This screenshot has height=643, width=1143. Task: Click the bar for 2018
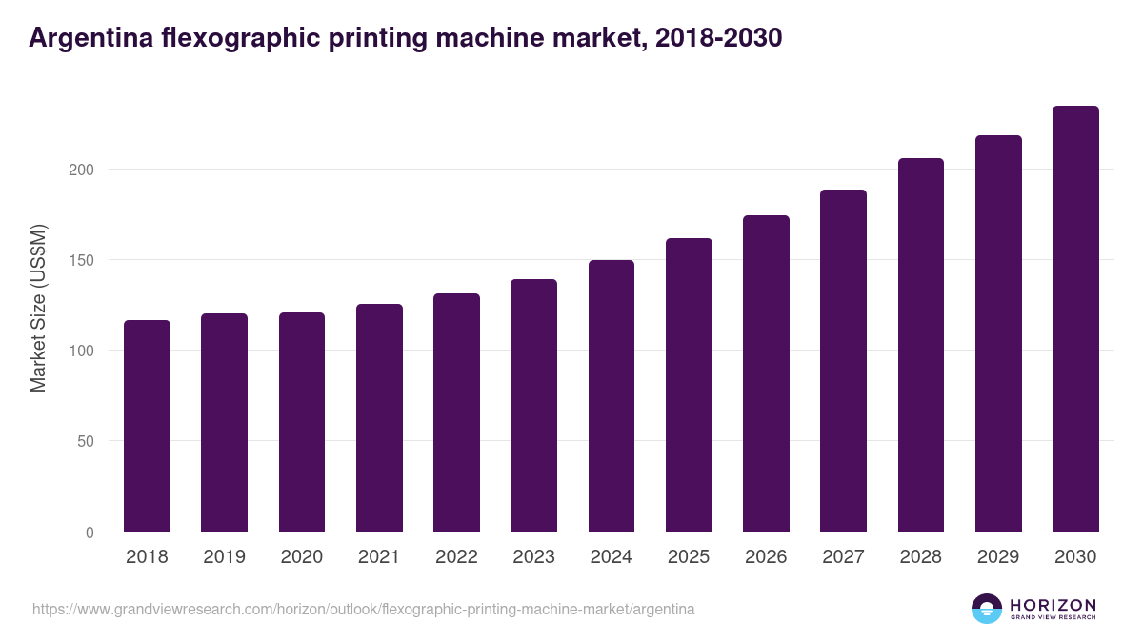pos(147,426)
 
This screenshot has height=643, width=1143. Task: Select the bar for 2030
pos(1075,319)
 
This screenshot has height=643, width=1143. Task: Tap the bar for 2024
pos(612,395)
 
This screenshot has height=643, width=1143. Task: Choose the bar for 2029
pos(998,333)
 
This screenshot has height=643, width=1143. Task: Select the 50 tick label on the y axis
pos(87,441)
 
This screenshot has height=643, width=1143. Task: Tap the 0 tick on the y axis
pos(90,532)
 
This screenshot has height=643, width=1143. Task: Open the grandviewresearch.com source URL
pos(363,609)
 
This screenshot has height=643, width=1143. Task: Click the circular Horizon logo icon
pos(987,609)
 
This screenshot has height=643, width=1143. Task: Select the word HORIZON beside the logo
pos(1053,605)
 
